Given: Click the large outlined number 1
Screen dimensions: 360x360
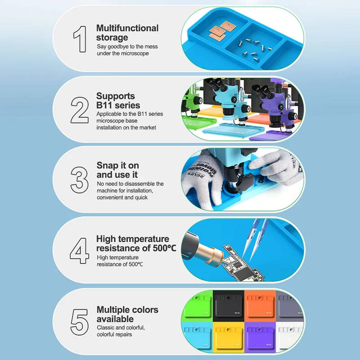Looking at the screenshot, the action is click(x=81, y=39).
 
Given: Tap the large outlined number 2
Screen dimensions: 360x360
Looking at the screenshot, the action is click(x=80, y=110).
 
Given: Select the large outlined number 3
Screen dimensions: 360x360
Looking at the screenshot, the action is click(x=80, y=180).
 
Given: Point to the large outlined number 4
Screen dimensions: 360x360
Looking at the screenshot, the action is click(x=80, y=251).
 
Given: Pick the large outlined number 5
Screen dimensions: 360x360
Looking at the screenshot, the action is click(x=80, y=322).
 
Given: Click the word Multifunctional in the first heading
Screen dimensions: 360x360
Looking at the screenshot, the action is click(x=127, y=28).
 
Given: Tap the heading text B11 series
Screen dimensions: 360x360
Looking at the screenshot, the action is click(x=118, y=105).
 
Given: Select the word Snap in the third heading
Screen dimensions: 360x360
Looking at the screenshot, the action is click(x=107, y=166).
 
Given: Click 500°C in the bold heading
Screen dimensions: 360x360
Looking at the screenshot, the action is click(x=163, y=248).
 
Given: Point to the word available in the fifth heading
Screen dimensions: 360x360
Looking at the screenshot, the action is click(x=115, y=319).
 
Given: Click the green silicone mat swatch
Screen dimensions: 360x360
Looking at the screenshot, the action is click(x=197, y=306).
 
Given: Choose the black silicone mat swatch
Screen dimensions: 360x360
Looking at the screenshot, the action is click(x=229, y=306).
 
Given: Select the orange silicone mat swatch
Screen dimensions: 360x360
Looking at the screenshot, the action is click(x=260, y=306).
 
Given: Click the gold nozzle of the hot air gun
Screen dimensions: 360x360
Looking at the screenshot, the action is click(x=211, y=254).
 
